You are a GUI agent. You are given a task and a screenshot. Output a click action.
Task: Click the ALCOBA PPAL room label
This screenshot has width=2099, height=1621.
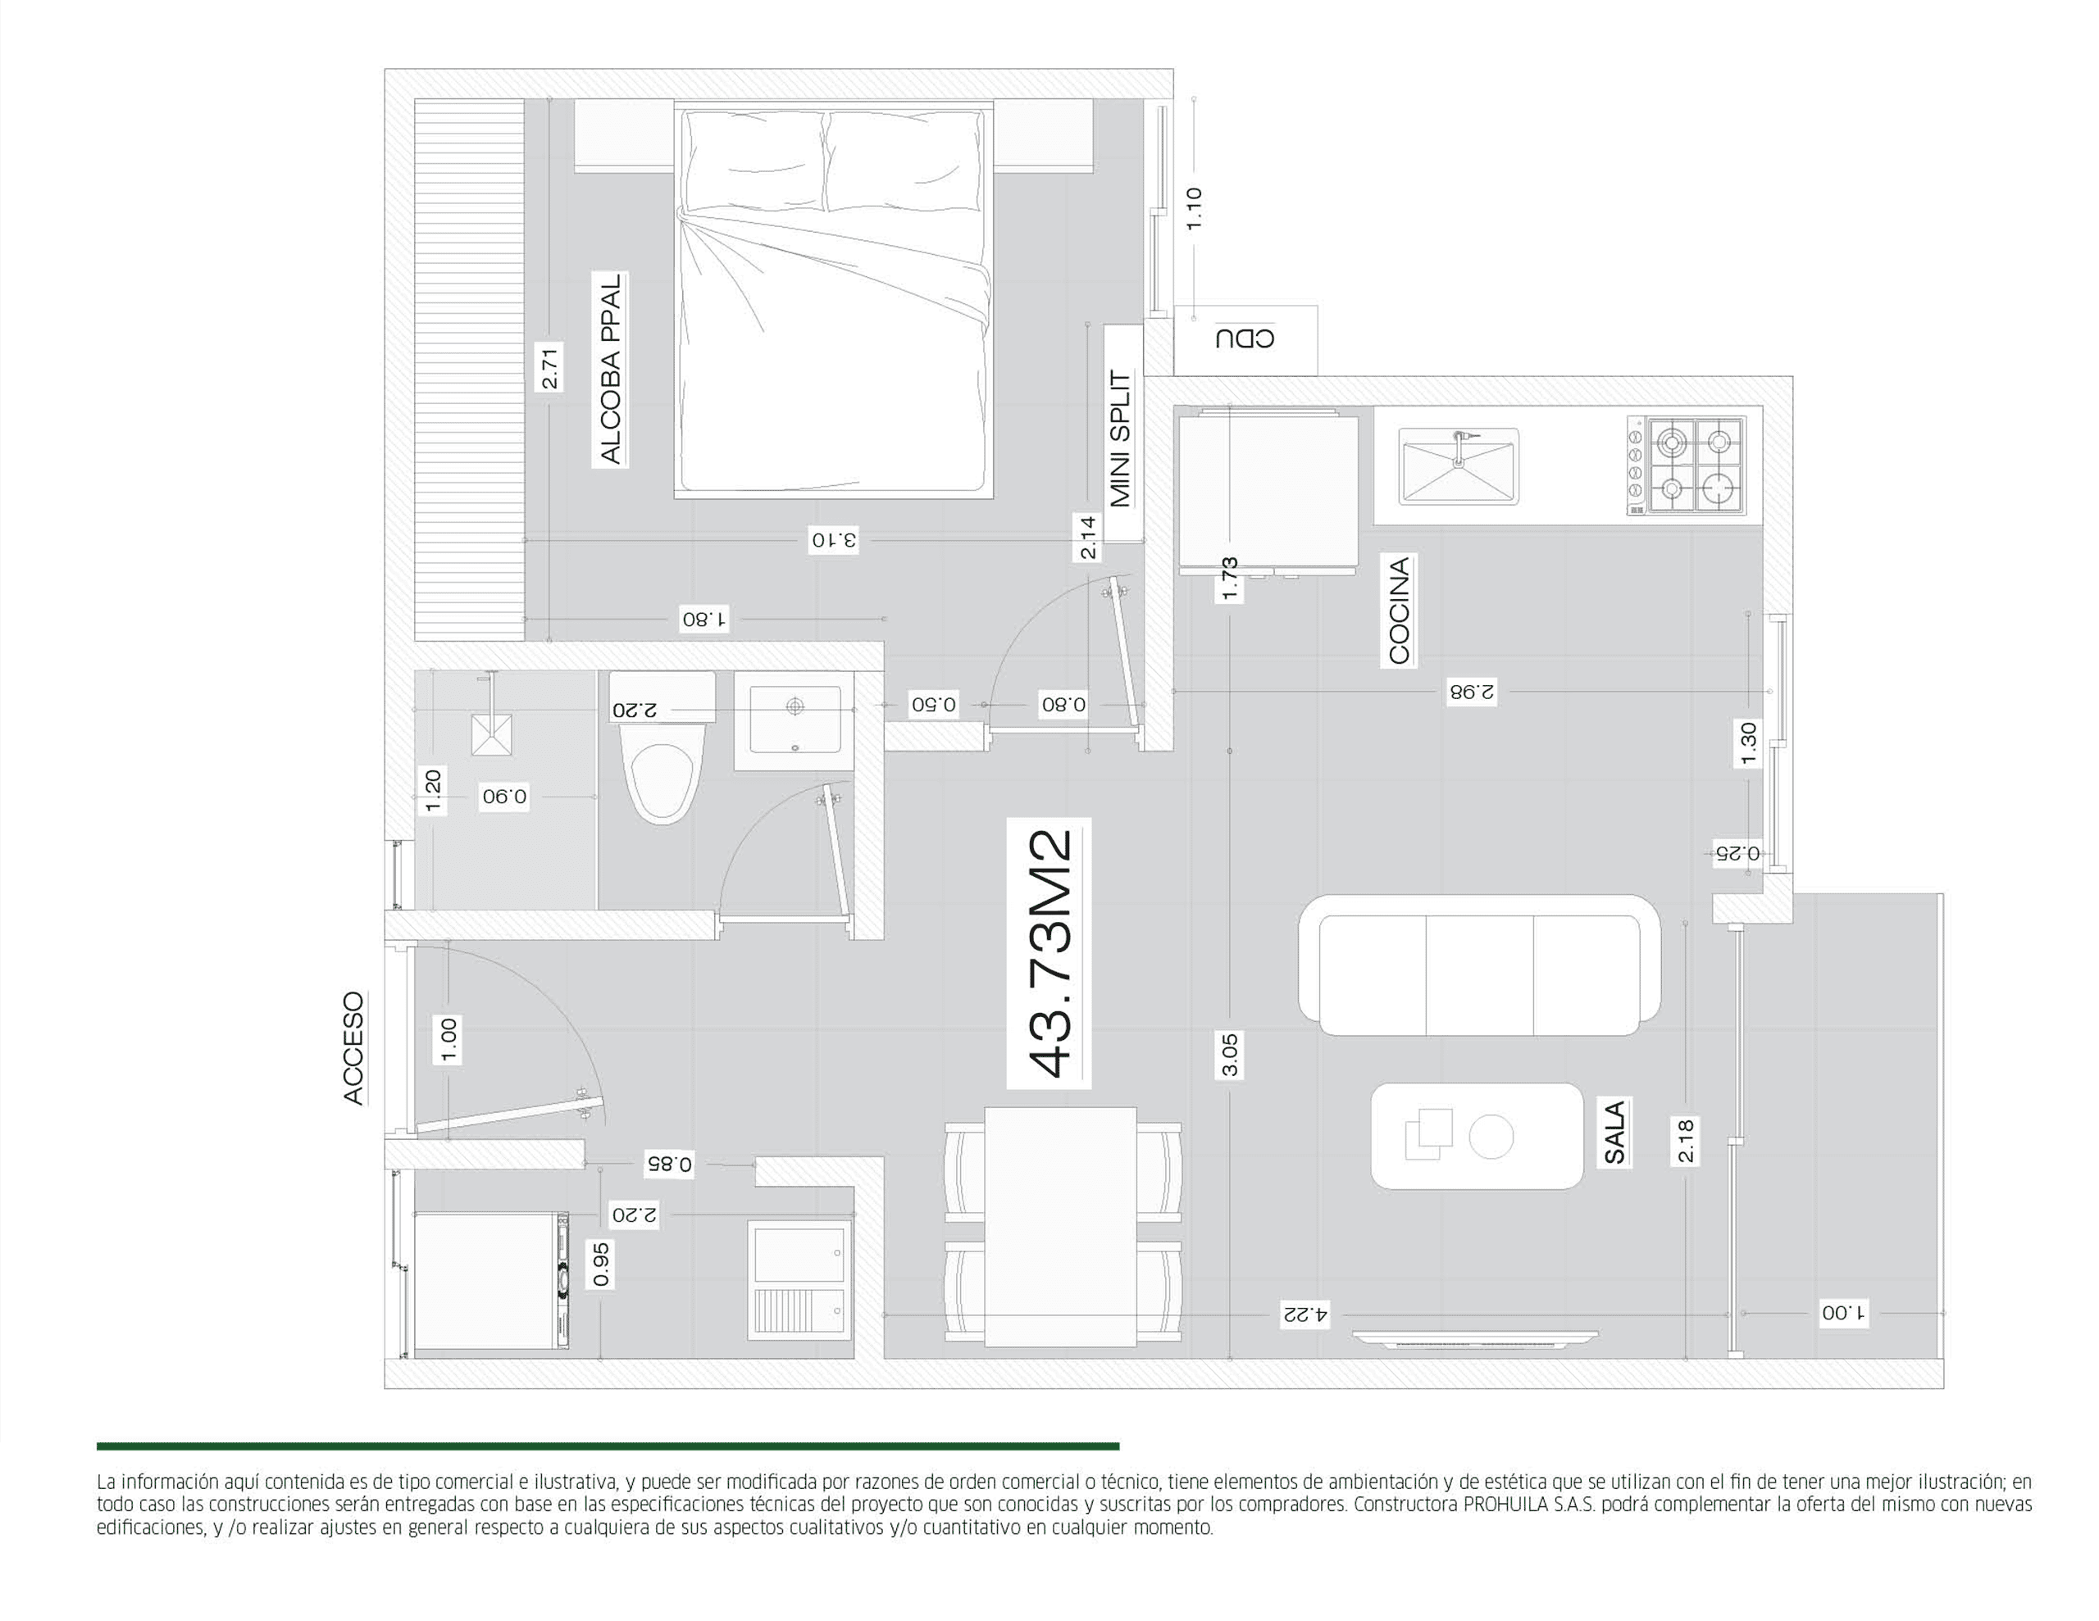[610, 369]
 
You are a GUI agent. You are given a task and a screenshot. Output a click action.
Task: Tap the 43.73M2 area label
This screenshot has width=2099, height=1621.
[1049, 954]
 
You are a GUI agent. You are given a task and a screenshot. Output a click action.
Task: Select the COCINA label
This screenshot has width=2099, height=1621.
[1400, 611]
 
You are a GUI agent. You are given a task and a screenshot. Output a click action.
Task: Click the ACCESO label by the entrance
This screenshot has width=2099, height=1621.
[353, 1048]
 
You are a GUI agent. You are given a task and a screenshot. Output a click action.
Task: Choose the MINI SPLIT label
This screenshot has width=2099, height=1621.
[1121, 438]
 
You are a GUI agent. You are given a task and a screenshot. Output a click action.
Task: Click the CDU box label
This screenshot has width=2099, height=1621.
[1245, 338]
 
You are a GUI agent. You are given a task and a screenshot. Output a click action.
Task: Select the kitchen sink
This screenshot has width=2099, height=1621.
[1459, 467]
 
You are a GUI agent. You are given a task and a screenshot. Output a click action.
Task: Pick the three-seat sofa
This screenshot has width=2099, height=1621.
[1479, 965]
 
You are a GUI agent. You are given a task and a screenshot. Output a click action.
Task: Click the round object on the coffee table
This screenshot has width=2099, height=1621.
[1491, 1137]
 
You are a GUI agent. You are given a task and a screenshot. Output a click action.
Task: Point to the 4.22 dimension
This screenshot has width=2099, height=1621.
[1304, 1314]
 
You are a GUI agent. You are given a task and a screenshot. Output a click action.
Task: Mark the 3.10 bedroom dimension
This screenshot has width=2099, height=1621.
[833, 540]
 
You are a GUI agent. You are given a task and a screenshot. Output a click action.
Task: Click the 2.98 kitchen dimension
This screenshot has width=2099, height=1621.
[1473, 692]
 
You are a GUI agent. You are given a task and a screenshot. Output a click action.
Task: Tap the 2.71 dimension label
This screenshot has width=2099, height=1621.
[549, 367]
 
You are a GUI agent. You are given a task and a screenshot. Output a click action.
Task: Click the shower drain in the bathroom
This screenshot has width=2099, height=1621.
[491, 735]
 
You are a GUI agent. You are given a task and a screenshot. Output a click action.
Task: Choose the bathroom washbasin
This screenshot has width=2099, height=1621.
[794, 720]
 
